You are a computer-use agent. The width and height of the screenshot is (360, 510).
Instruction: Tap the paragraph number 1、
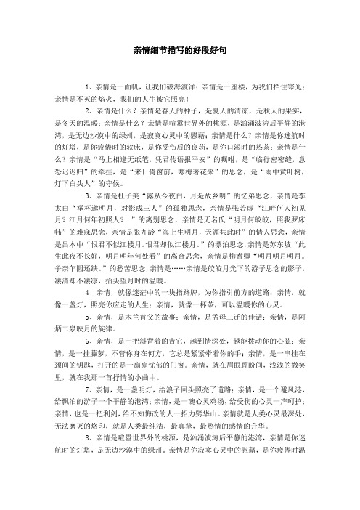(x=90, y=86)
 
